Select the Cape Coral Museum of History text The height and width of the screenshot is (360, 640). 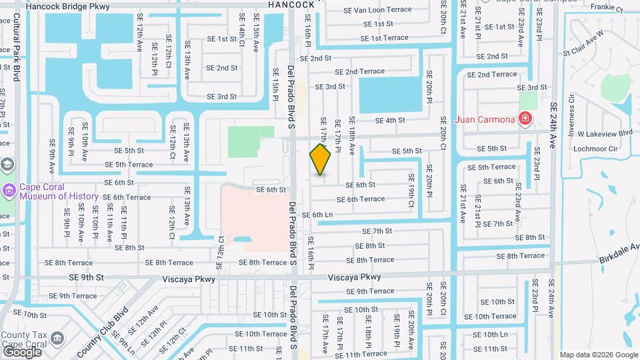[59, 192]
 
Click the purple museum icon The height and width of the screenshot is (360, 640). [9, 192]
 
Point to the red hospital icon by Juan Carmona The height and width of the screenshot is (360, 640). [525, 119]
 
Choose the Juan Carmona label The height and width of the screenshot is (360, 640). [485, 120]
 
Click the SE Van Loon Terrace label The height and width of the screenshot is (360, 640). [377, 10]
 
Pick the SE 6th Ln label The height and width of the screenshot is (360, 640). [317, 215]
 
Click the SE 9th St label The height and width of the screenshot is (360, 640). [87, 278]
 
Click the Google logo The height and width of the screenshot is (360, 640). [21, 351]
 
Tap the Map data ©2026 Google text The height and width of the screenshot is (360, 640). [598, 355]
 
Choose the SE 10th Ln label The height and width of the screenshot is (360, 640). [490, 334]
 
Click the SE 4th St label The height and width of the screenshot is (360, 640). [390, 121]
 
